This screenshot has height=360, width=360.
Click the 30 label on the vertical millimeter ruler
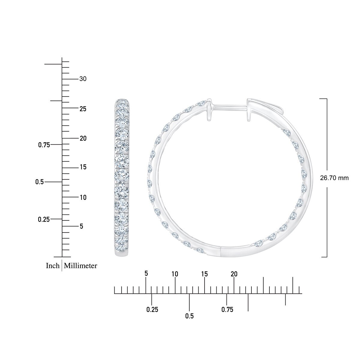pyautogui.click(x=83, y=79)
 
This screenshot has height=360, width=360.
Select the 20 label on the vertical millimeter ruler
pyautogui.click(x=83, y=138)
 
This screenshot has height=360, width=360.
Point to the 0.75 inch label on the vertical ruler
pyautogui.click(x=44, y=145)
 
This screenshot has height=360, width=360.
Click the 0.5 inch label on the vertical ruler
pyautogui.click(x=39, y=182)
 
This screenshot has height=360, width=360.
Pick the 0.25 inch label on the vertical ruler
pyautogui.click(x=44, y=220)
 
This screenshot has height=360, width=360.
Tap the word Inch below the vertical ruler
pyautogui.click(x=53, y=266)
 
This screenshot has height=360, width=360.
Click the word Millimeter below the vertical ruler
pyautogui.click(x=80, y=266)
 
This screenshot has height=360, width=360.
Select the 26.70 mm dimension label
pyautogui.click(x=334, y=178)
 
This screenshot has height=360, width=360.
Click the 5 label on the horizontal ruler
pyautogui.click(x=146, y=274)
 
